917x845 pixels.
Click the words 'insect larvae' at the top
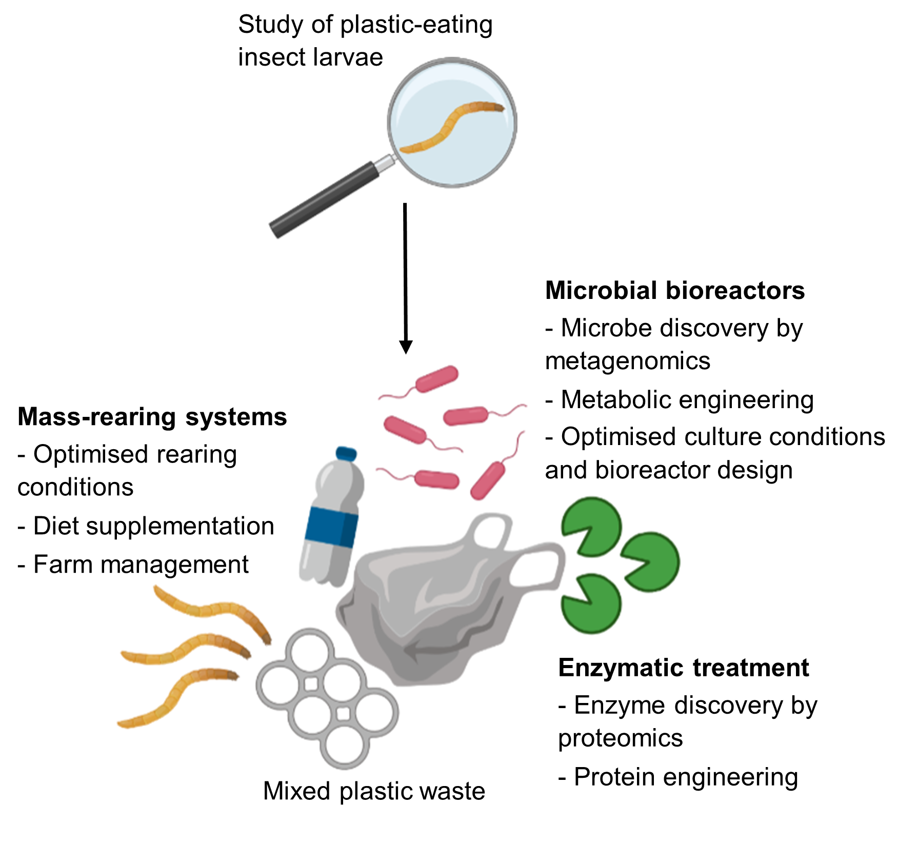click(x=310, y=57)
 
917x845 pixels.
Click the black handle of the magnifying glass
click(x=323, y=200)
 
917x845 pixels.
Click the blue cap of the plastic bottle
click(x=346, y=453)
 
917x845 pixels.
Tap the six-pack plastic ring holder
click(x=328, y=697)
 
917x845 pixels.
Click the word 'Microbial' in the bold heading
click(x=601, y=291)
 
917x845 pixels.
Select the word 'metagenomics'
click(x=627, y=361)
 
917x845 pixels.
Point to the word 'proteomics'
click(x=620, y=738)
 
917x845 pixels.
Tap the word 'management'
click(x=176, y=565)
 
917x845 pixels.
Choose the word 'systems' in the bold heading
click(x=236, y=417)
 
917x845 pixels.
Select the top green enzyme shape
click(x=590, y=526)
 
